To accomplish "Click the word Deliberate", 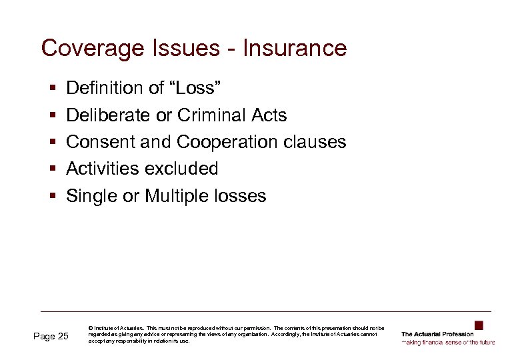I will coord(108,115).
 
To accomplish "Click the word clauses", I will coord(315,142).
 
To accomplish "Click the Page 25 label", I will coord(51,336).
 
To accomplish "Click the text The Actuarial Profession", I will coord(437,334).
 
